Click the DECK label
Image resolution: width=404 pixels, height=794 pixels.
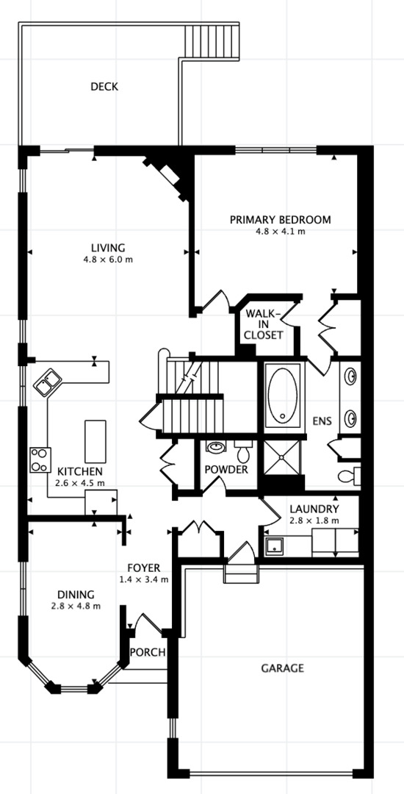(104, 87)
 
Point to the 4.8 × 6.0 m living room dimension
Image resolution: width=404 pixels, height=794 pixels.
(108, 260)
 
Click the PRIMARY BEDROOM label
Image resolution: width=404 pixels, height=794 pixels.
(280, 219)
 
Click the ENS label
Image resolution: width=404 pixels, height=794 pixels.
(322, 421)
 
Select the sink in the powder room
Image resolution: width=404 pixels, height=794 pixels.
(216, 446)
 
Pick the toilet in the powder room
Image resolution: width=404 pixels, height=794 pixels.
(242, 446)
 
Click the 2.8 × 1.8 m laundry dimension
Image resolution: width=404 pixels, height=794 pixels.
(314, 521)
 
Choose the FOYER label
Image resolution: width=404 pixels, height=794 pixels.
(143, 568)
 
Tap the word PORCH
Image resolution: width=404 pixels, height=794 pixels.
(147, 652)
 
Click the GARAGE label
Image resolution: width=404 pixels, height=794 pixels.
(282, 668)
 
